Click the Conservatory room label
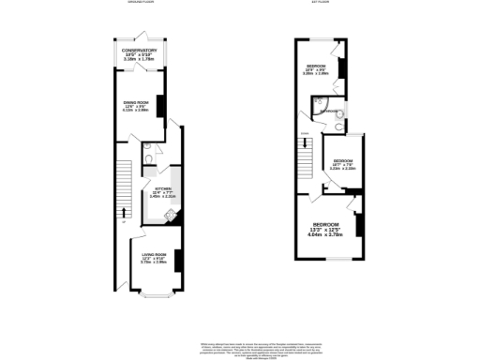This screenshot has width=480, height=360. click(x=139, y=53)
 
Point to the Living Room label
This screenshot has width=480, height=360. click(x=153, y=259)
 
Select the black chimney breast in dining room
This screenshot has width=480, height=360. click(x=160, y=106)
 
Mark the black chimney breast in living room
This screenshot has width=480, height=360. click(x=176, y=260)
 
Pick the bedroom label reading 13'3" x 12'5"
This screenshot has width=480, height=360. click(x=326, y=228)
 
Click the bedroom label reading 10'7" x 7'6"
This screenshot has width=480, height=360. click(x=342, y=164)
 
